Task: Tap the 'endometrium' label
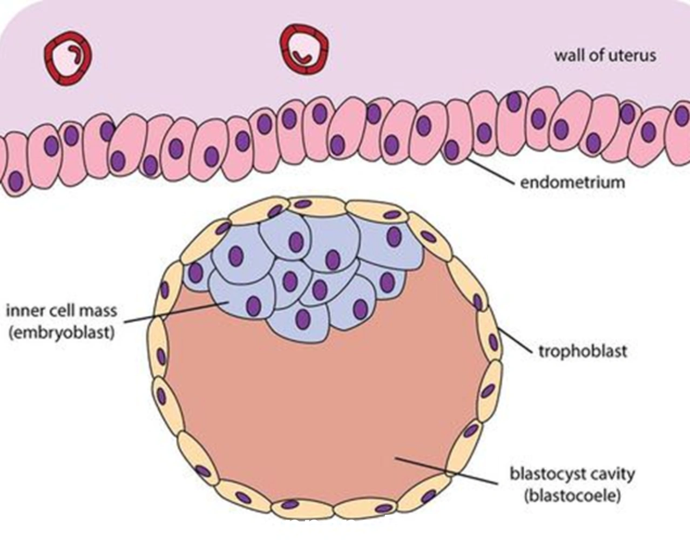tap(573, 183)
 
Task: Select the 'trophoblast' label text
tap(583, 351)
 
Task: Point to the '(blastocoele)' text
tap(573, 496)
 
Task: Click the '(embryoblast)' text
tap(62, 333)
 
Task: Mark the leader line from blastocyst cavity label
tap(447, 471)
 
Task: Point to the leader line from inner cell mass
tap(177, 312)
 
